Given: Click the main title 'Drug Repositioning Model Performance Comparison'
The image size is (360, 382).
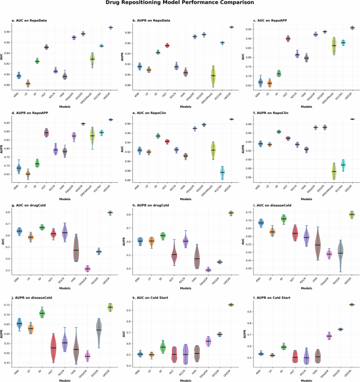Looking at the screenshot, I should (180, 3).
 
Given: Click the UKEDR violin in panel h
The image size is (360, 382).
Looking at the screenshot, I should (231, 213).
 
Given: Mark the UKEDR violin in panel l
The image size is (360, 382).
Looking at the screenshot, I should (352, 304).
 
